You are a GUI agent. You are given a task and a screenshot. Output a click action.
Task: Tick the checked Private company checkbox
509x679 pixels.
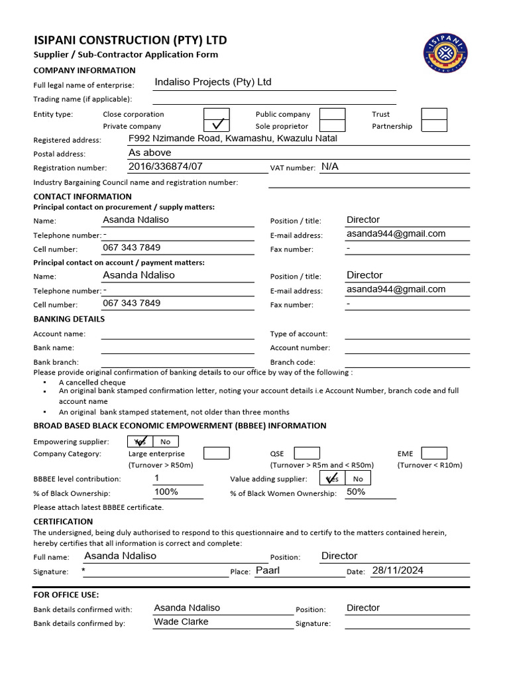pos(217,125)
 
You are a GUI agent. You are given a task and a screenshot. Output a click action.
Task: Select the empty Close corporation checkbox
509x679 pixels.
pos(217,113)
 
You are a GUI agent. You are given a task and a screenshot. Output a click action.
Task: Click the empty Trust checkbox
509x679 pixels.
pos(434,113)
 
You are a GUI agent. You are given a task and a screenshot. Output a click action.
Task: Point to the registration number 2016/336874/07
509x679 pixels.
pos(166,166)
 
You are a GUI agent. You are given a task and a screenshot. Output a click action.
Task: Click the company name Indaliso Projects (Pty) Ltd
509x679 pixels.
pos(213,82)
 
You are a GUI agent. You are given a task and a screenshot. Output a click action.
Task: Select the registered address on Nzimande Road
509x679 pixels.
pos(233,139)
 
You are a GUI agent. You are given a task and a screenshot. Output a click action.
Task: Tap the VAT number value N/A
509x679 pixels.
pos(329,166)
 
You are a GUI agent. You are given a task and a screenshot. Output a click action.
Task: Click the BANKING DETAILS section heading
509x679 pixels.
pos(69,319)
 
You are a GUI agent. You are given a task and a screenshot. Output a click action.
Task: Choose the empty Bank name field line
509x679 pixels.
pos(177,347)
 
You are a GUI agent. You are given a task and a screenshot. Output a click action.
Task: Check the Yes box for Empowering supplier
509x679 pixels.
pos(140,442)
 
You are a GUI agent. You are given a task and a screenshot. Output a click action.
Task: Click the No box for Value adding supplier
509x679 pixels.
pos(358,479)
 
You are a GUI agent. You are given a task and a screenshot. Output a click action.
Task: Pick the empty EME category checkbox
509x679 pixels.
pos(434,454)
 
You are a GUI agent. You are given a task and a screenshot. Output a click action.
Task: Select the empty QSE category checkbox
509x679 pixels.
pos(306,454)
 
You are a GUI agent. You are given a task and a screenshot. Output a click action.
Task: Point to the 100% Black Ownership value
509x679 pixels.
pos(166,492)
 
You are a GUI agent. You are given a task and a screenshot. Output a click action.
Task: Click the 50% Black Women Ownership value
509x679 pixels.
pos(356,492)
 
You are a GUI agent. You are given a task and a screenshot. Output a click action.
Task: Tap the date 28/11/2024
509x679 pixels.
pos(398,570)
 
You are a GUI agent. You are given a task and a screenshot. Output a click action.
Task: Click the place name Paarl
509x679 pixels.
pos(268,570)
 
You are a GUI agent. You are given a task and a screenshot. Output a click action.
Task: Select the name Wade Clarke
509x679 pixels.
pos(181,622)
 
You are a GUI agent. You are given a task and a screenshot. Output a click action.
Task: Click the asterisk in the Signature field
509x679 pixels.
pos(84,571)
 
